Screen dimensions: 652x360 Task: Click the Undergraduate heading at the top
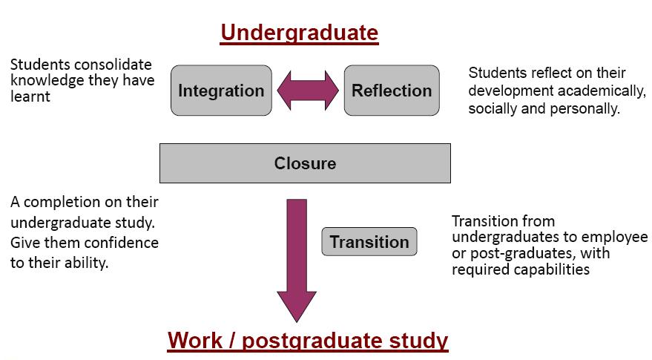tap(300, 33)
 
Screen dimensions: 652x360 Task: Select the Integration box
tap(221, 91)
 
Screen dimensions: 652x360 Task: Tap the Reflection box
tap(392, 91)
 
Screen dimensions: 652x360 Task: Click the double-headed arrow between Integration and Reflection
tap(308, 91)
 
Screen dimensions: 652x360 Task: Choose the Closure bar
tap(305, 163)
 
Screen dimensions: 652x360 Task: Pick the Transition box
tap(369, 241)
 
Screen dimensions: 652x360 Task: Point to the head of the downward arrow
tap(297, 307)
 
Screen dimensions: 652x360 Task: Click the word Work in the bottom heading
tap(195, 341)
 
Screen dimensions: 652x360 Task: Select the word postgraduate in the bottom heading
tap(312, 341)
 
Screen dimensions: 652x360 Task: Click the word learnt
tap(30, 96)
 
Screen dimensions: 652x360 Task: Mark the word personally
tap(585, 109)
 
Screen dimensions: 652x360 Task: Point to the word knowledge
tap(47, 80)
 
